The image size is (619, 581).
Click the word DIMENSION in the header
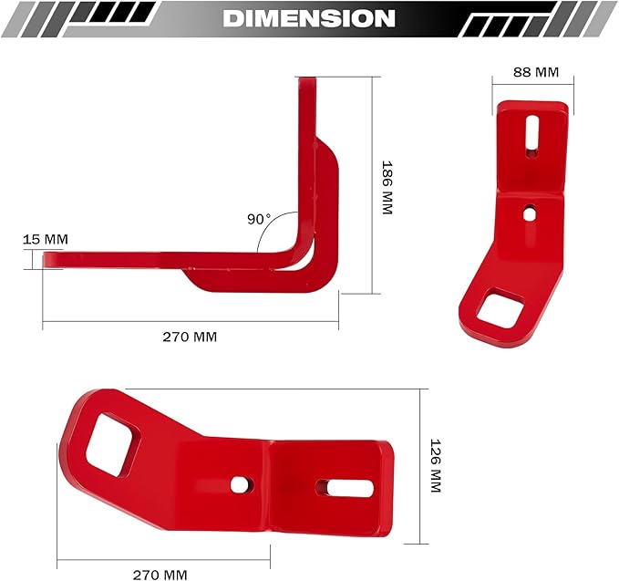(x=309, y=18)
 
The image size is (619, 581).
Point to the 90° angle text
(x=259, y=219)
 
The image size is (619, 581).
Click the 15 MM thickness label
(x=45, y=240)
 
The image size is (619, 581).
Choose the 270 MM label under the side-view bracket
(x=190, y=337)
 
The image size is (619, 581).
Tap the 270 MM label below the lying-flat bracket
(x=160, y=574)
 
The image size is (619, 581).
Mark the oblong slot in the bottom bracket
(x=344, y=488)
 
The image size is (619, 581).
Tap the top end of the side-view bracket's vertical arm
(x=307, y=84)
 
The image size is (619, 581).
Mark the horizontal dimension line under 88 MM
(x=530, y=85)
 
